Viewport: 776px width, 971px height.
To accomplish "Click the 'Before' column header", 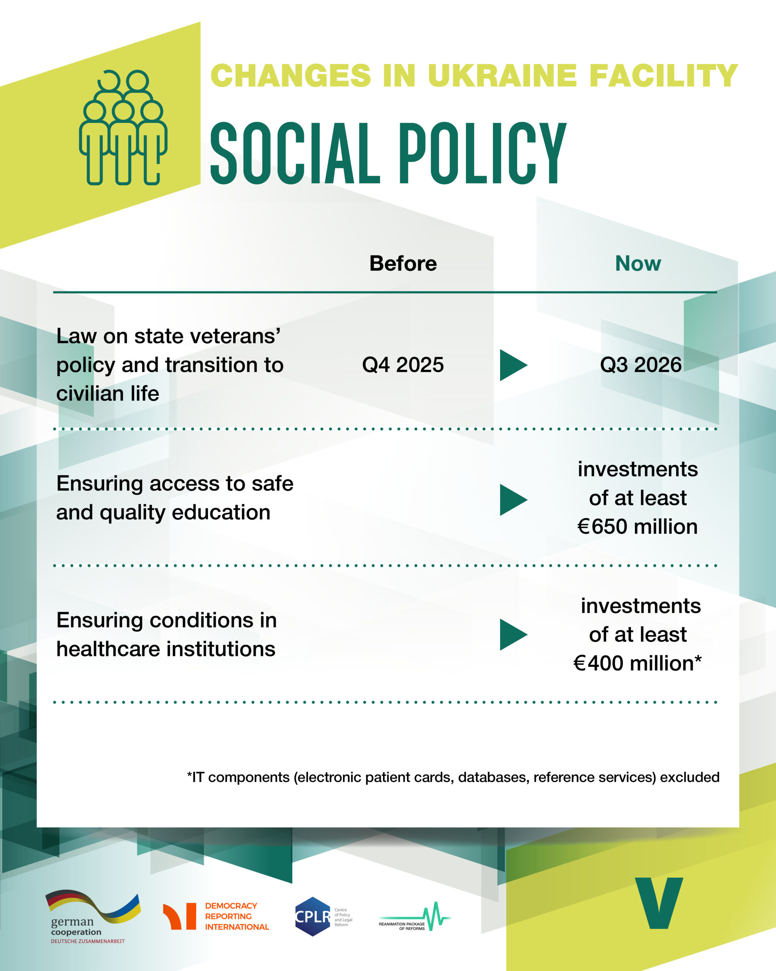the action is (403, 264).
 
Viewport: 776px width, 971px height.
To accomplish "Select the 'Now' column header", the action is (638, 264).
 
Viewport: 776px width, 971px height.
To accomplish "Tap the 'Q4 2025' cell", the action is (403, 365).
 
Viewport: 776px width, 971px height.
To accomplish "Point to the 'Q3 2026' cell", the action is (641, 365).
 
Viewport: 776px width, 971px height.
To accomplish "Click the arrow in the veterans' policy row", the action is (513, 365).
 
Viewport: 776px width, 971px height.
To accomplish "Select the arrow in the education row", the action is (513, 500).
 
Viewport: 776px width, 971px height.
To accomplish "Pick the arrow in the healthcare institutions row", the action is (513, 635).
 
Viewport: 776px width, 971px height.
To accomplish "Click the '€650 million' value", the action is (637, 526).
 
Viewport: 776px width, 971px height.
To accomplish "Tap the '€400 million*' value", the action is (637, 663).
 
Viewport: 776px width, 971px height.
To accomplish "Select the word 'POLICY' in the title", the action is (482, 153).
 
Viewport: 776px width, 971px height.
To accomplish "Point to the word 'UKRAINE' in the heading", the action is (502, 75).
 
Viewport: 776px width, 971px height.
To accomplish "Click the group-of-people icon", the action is (123, 127).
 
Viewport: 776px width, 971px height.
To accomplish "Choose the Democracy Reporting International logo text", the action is (237, 916).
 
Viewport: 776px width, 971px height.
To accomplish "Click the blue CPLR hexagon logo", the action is (313, 916).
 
